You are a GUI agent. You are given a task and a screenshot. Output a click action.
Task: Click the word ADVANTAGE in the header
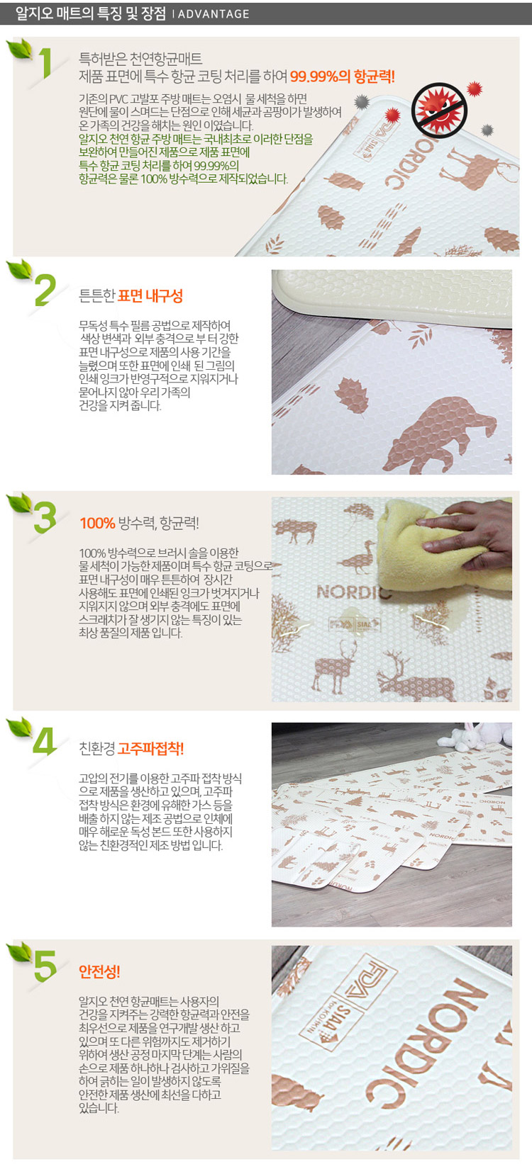(x=214, y=14)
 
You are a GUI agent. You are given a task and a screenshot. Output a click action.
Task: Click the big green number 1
(x=46, y=63)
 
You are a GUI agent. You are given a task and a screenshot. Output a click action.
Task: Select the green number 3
(x=45, y=517)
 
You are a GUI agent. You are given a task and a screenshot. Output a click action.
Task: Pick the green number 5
(x=45, y=966)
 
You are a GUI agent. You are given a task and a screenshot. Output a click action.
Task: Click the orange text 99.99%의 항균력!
(x=342, y=77)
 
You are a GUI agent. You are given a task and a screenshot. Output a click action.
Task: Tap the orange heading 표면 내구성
(x=150, y=296)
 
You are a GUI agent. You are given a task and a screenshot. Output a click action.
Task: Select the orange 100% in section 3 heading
(x=97, y=524)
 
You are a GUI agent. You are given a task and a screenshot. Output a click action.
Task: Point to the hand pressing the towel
(x=468, y=535)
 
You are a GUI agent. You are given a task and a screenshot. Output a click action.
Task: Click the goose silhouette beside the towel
(x=360, y=558)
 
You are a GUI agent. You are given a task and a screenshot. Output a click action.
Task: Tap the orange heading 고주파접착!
(x=150, y=749)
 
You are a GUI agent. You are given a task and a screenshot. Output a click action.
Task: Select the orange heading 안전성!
(x=99, y=971)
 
